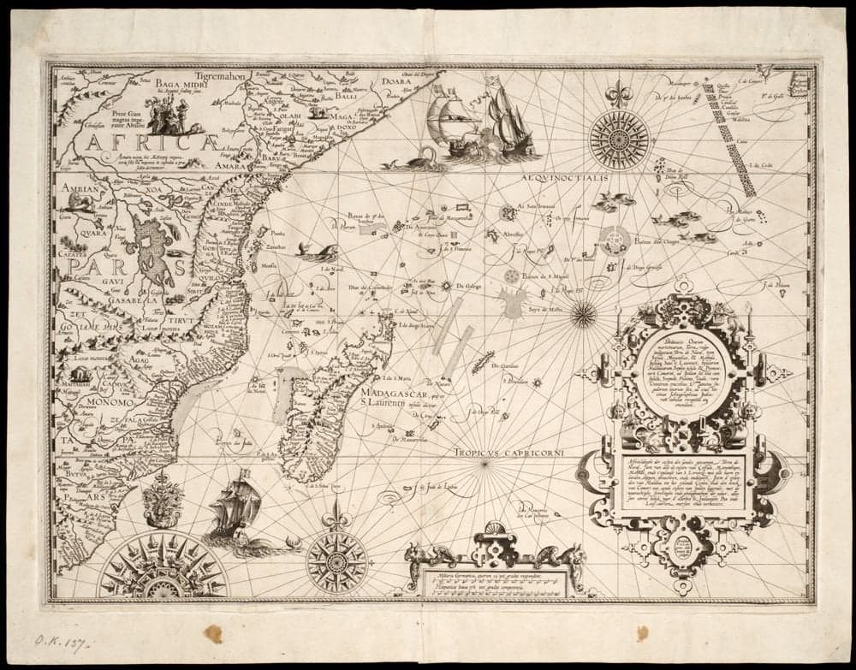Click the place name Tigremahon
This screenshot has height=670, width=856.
[219, 75]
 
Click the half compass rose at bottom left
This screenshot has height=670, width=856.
[163, 568]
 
